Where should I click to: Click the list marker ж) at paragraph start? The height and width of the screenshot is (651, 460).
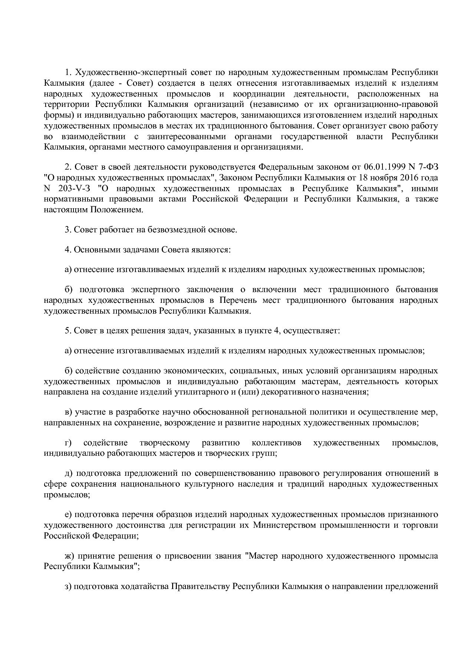pos(69,556)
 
